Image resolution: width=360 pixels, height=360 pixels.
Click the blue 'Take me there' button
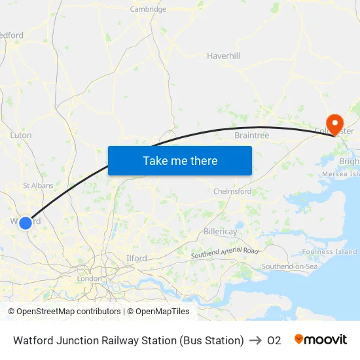click(180, 160)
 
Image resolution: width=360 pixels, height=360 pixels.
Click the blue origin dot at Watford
click(26, 223)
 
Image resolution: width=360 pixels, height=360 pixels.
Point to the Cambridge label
click(148, 9)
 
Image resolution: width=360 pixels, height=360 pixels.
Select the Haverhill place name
click(224, 56)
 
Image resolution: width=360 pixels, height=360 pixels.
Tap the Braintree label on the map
click(252, 135)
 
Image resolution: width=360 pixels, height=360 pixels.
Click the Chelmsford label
click(232, 191)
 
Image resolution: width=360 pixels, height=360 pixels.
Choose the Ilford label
click(136, 259)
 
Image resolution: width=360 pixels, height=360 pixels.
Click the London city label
click(89, 278)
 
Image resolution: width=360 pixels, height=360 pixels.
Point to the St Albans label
click(38, 186)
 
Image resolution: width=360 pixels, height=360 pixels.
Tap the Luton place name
click(21, 135)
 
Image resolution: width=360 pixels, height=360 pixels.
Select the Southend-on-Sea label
click(289, 266)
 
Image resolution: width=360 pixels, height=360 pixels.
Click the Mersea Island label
click(341, 174)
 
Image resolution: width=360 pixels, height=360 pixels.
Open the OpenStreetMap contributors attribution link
click(64, 312)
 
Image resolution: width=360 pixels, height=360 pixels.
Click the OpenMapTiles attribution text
click(161, 312)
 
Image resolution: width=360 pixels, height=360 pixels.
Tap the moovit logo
click(321, 340)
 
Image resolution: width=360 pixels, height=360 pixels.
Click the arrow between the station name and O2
click(255, 340)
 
